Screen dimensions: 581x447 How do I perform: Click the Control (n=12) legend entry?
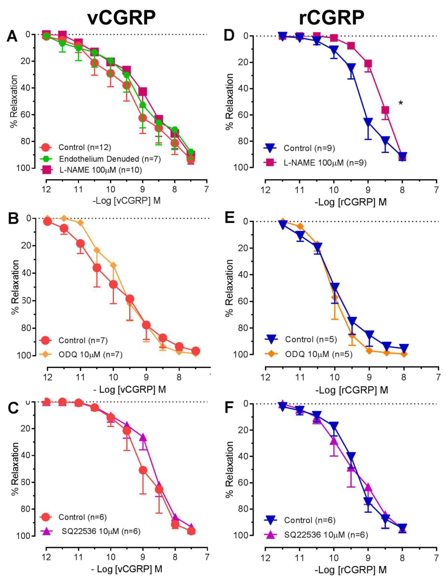(x=85, y=147)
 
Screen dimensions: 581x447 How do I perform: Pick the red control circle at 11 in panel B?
(x=80, y=244)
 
